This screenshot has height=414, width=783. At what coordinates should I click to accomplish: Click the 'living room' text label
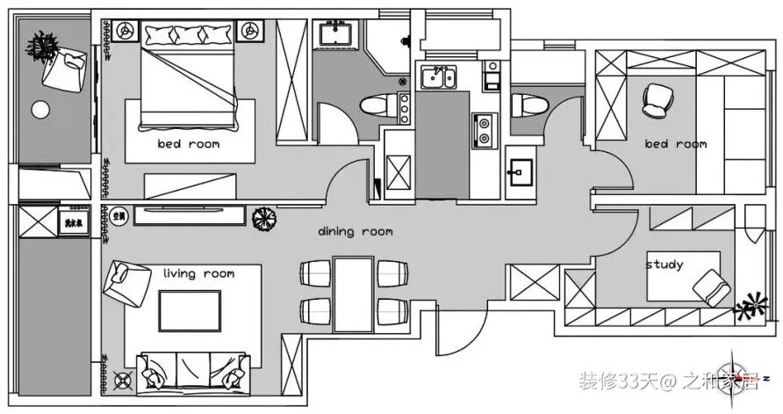198,273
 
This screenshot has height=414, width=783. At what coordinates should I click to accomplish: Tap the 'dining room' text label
355,232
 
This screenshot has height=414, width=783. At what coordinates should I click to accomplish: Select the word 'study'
664,264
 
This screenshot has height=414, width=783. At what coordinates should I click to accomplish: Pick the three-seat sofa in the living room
193,370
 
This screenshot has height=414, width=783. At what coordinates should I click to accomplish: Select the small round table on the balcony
41,110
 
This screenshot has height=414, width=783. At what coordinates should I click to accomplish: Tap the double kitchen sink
436,77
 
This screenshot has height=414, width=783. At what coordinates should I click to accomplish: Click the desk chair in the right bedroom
656,99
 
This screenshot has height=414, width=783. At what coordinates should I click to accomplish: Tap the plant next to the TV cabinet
264,217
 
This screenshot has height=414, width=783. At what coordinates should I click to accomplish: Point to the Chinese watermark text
668,381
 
